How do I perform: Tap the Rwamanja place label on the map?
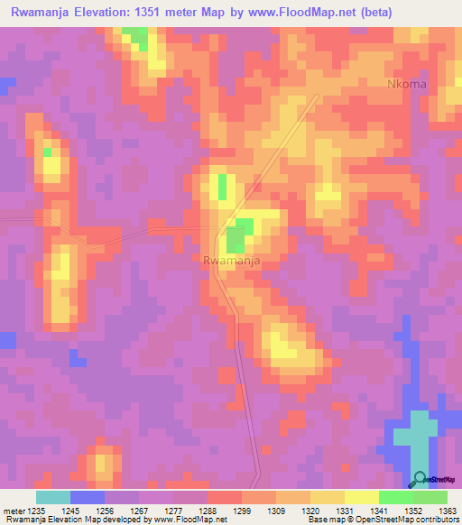coord(233,261)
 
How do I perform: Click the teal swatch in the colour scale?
coord(52,497)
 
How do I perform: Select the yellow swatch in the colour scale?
coord(361,497)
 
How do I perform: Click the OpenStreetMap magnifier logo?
coord(419,479)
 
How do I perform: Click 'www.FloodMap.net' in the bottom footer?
coord(189,520)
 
